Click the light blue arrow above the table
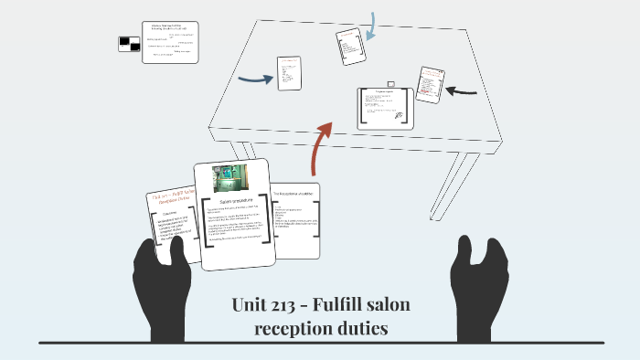[370, 26]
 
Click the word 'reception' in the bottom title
[295, 327]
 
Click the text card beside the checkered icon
[171, 41]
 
